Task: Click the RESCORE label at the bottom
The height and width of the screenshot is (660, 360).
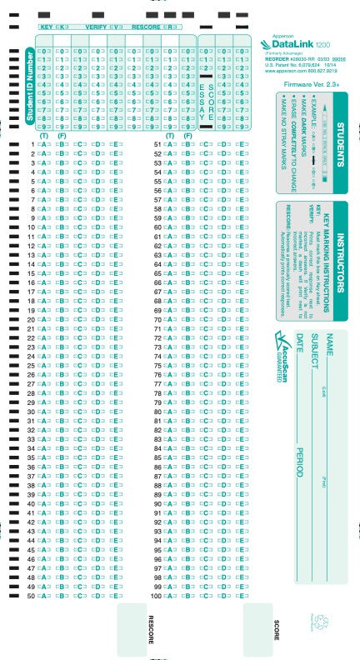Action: point(151,629)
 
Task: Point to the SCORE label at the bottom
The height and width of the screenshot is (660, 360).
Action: point(277,629)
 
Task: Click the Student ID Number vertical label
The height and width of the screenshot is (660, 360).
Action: point(31,87)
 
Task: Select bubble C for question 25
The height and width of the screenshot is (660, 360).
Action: point(80,366)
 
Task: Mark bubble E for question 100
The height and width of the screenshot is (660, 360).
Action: point(242,597)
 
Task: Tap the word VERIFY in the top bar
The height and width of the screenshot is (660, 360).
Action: point(96,27)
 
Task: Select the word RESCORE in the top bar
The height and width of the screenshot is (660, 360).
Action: point(145,27)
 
